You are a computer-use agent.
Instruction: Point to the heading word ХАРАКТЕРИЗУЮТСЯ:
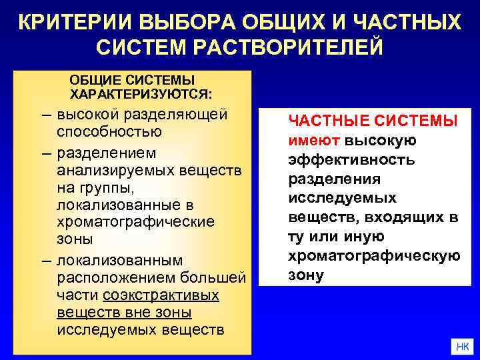141,92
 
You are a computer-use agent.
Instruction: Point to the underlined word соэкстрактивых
161,294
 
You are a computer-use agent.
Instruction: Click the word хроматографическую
373,256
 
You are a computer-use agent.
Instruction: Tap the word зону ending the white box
306,275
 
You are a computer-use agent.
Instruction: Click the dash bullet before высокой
45,114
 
